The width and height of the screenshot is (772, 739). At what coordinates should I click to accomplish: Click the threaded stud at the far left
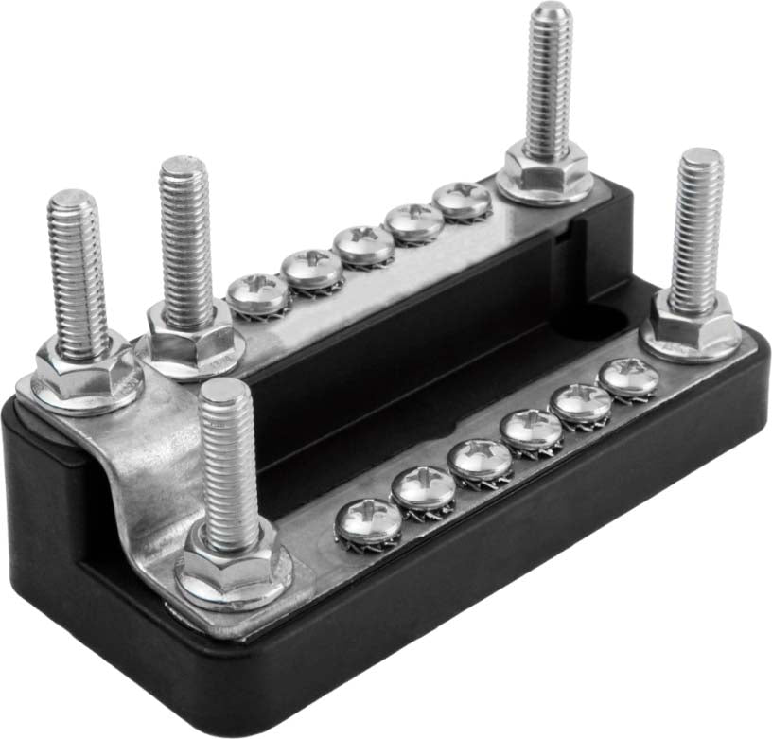pos(78,270)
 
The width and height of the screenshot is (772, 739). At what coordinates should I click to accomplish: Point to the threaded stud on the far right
pos(697,227)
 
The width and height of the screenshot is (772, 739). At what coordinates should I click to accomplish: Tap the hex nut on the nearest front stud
pos(232,565)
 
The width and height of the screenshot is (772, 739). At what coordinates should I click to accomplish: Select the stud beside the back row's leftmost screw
pos(184,241)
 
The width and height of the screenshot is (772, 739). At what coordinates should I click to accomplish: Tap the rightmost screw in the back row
pos(463,199)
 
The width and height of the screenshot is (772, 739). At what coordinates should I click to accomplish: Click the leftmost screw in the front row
pos(368,522)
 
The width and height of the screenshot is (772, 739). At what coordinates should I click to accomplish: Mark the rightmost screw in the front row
pos(629,377)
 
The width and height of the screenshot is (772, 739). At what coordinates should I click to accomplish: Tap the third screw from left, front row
pos(480,459)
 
